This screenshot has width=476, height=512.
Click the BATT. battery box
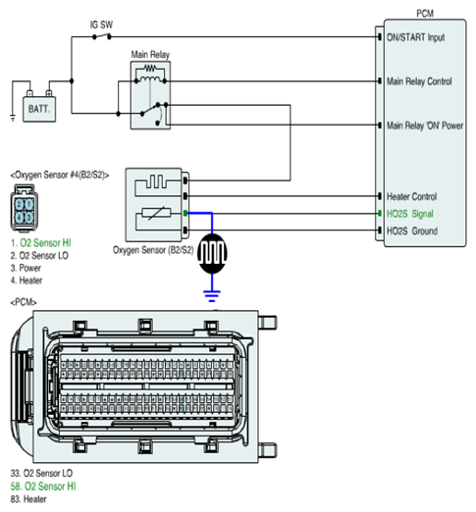(x=39, y=109)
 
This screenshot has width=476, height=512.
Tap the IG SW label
(x=101, y=25)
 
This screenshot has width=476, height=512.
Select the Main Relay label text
(x=150, y=54)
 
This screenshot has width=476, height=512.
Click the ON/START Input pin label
(x=415, y=37)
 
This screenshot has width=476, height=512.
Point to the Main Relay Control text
(x=419, y=81)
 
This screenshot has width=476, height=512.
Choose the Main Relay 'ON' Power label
(x=425, y=126)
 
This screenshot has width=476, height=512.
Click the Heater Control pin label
(x=411, y=196)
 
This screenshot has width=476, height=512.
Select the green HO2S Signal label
(x=410, y=214)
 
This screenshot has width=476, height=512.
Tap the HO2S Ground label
(x=412, y=230)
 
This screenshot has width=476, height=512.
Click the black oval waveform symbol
(x=212, y=254)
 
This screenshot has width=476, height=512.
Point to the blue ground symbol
(x=212, y=295)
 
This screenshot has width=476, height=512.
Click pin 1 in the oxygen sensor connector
(x=29, y=205)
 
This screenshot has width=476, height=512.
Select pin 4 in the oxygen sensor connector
(x=20, y=217)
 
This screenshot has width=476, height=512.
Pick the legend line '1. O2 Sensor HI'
(x=40, y=243)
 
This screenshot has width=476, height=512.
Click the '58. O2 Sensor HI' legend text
(x=43, y=486)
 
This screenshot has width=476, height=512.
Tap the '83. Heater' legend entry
(x=28, y=499)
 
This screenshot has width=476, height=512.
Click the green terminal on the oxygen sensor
(x=185, y=214)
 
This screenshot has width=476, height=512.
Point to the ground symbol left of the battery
(x=13, y=118)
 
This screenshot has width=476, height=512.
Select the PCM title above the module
(x=425, y=14)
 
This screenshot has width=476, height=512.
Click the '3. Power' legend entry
(x=26, y=268)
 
